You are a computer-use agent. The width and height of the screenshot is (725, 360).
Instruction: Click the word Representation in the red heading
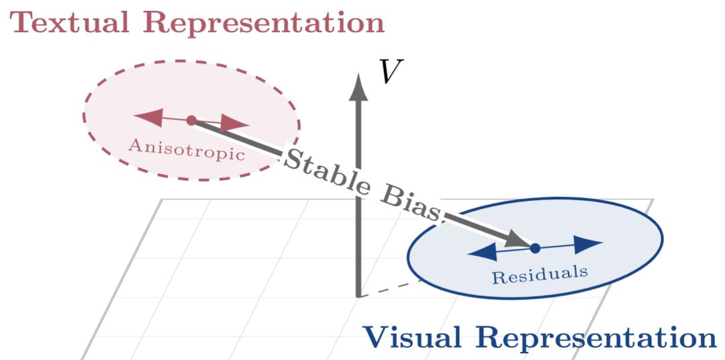click(264, 24)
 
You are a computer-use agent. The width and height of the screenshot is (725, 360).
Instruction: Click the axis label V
click(387, 71)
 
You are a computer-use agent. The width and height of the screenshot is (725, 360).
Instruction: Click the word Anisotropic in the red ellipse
click(186, 148)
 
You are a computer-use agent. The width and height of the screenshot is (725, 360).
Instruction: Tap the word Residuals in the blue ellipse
click(540, 274)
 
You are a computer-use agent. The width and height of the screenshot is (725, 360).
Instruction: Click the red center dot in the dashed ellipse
click(191, 120)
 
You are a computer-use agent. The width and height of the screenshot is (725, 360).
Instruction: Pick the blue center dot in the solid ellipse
click(535, 248)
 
